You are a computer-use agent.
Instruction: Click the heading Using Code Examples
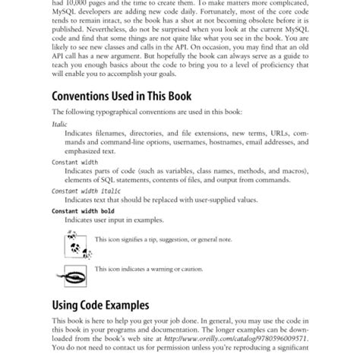(x=100, y=306)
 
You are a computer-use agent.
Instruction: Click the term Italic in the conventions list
(x=59, y=123)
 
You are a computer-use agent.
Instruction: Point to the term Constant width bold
(x=81, y=210)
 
